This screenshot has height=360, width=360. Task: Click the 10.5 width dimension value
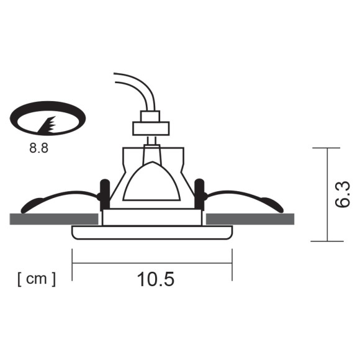155,280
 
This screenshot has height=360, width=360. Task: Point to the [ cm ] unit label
36,279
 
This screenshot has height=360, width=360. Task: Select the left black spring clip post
104,193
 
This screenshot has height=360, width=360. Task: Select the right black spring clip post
199,193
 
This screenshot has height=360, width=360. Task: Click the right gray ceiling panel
250,218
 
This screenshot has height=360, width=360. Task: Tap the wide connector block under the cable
151,128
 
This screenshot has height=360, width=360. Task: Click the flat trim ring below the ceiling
152,233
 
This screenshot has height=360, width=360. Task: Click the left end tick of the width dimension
73,263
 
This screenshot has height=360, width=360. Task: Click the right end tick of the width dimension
232,263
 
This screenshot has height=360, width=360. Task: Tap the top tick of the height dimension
326,148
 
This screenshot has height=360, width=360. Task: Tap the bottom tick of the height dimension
326,241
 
